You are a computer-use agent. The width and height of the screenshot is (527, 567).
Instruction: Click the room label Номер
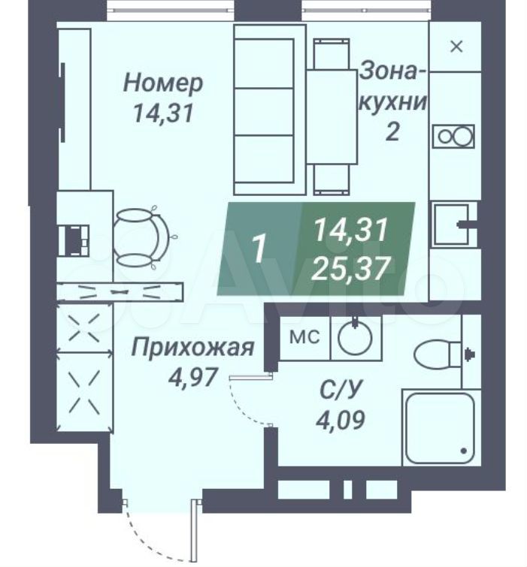coord(163,84)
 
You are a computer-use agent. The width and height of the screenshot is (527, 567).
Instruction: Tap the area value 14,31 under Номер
coord(163,113)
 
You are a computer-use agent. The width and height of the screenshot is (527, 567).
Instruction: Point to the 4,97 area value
coord(193,377)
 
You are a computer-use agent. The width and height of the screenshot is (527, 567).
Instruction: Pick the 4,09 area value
coord(341,419)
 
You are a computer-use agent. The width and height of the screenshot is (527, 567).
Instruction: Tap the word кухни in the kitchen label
coord(393,102)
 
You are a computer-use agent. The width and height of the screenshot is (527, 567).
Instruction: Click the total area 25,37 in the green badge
coord(351,268)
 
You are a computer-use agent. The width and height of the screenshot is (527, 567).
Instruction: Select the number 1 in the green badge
coord(259,249)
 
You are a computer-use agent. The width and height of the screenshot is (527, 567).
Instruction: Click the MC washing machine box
coord(305,338)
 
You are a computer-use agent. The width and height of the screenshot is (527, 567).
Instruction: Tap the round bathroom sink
coord(355,338)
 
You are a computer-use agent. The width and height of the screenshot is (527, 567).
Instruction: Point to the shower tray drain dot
coord(464,451)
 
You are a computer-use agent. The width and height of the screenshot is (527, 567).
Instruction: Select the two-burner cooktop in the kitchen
coord(453,137)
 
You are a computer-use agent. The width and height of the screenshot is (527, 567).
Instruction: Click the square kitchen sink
coord(451,225)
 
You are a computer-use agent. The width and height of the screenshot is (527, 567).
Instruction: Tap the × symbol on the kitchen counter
coord(456,47)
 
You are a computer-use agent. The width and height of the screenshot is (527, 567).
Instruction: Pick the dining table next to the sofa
coord(332,116)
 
